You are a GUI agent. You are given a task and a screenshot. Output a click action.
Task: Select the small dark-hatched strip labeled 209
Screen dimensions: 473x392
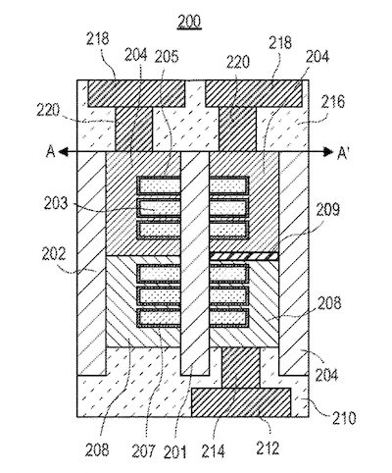[x=243, y=255]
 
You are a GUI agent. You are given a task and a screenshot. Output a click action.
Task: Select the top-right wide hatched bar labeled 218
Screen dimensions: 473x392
[x=253, y=93]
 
